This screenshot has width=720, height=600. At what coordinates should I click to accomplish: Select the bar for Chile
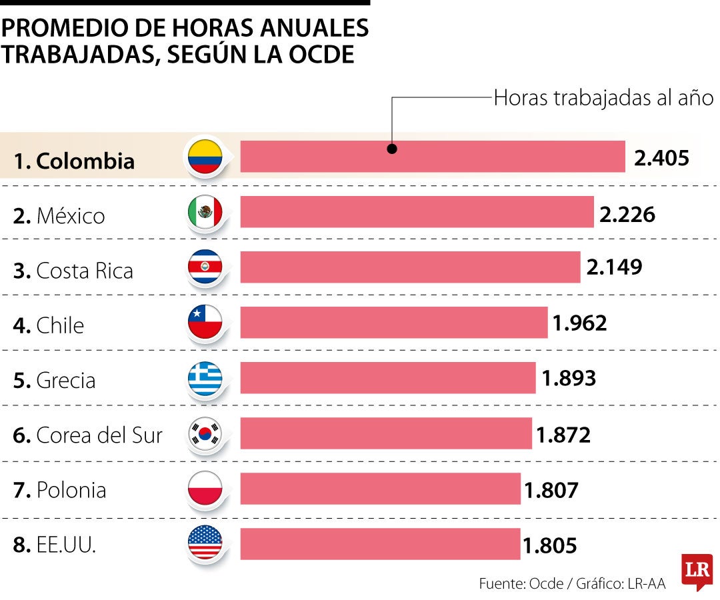[x=393, y=322]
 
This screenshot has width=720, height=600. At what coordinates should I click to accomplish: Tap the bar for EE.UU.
[x=380, y=543]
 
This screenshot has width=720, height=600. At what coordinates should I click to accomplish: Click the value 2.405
[x=661, y=157]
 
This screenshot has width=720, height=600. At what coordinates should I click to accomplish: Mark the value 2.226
[x=627, y=213]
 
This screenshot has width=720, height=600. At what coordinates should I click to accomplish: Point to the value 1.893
[x=569, y=378]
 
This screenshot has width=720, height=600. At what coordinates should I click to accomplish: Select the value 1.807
[x=551, y=490]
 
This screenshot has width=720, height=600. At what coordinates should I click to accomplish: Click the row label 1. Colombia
[x=74, y=161]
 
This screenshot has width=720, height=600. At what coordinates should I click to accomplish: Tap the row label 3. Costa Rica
[x=73, y=271]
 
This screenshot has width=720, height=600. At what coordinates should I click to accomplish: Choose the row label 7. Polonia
[x=60, y=490]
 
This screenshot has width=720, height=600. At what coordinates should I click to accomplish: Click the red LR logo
[x=697, y=571]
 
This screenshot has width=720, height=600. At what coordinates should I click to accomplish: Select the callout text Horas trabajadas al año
[x=603, y=98]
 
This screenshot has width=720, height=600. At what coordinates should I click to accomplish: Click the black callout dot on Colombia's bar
[x=392, y=149]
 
